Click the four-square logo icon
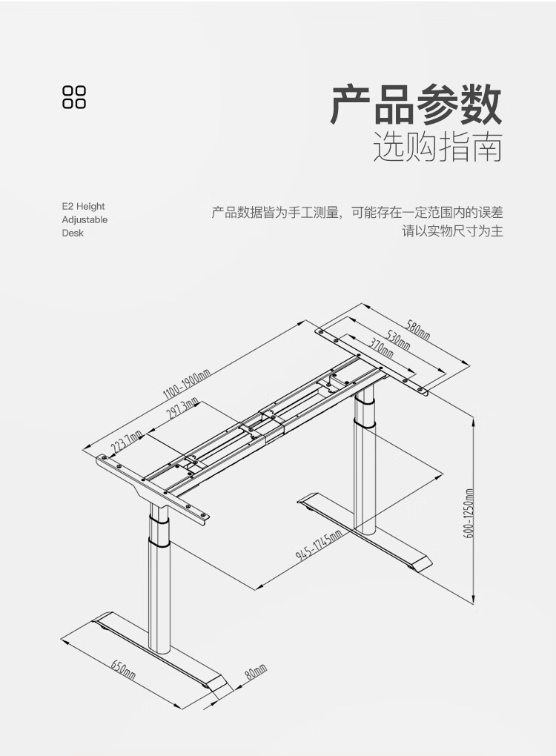pyautogui.click(x=74, y=97)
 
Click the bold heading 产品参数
pyautogui.click(x=416, y=105)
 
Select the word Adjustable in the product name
pyautogui.click(x=85, y=219)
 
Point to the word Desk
pyautogui.click(x=73, y=233)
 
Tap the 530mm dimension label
pyautogui.click(x=398, y=342)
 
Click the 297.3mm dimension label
pyautogui.click(x=182, y=408)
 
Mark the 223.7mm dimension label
pyautogui.click(x=127, y=445)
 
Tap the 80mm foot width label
pyautogui.click(x=255, y=673)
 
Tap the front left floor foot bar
pyautogui.click(x=159, y=652)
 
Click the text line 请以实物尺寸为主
pyautogui.click(x=452, y=231)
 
